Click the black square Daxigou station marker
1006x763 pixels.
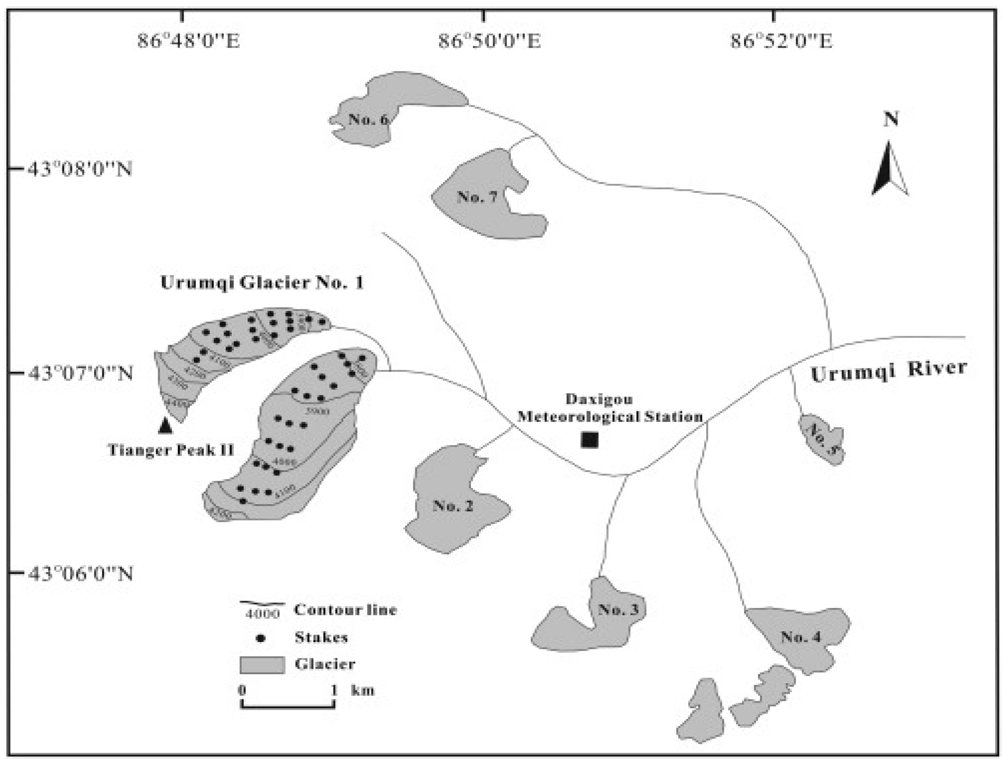[x=590, y=440]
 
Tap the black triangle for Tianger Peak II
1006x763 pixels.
[x=165, y=425]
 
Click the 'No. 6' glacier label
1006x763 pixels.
[x=368, y=119]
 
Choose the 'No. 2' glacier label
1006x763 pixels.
[x=453, y=505]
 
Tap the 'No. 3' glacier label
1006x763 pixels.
[x=618, y=609]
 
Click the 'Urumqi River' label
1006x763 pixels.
[x=889, y=371]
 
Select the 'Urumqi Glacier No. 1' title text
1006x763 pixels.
[x=262, y=283]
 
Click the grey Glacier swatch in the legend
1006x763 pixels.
[x=262, y=665]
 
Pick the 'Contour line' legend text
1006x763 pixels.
[x=345, y=610]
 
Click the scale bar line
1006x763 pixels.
[x=288, y=706]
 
